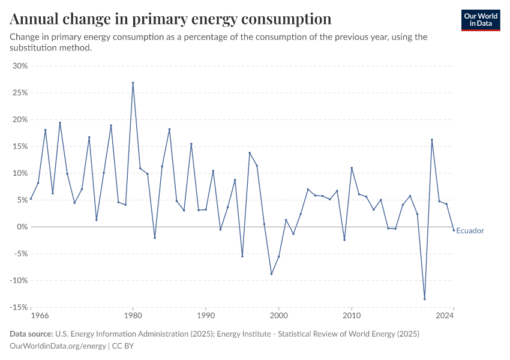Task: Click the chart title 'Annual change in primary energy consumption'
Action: pos(170,19)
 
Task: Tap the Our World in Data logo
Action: pos(481,20)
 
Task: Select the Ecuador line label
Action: pos(470,231)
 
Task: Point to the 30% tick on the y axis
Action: pos(20,66)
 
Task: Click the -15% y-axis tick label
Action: pos(19,307)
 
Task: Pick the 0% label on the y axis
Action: pos(22,227)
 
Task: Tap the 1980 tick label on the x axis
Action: pos(133,315)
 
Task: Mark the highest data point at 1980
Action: pos(133,83)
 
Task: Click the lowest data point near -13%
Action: pos(424,299)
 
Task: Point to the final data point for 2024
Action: pos(454,230)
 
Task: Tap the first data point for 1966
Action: pos(31,199)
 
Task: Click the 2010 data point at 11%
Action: pos(352,168)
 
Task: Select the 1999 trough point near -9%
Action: pos(271,274)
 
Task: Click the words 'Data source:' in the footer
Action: pos(31,334)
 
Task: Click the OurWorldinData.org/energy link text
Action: pos(58,346)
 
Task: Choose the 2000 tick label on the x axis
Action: pos(278,315)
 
